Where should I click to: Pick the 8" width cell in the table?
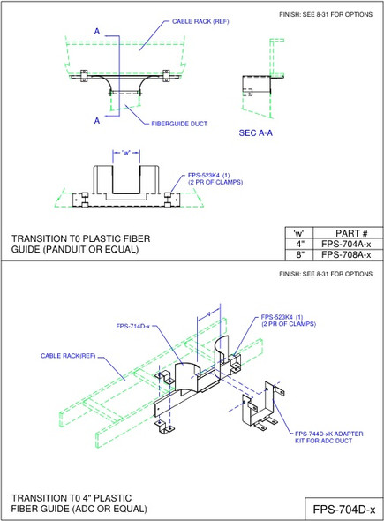tap(298, 254)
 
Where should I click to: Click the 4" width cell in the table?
tap(298, 244)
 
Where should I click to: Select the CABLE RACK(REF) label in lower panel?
tap(68, 356)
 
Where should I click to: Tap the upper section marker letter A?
tap(96, 31)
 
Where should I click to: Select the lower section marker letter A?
tap(96, 119)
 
